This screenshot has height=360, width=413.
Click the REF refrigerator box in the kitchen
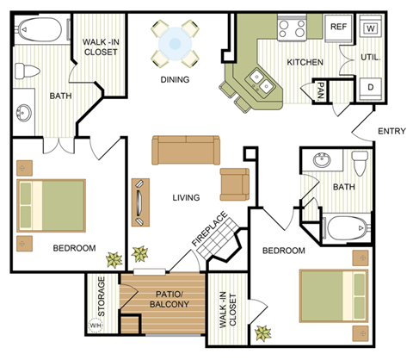tap(338, 27)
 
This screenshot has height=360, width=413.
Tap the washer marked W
tap(370, 28)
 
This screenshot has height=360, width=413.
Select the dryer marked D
tap(370, 87)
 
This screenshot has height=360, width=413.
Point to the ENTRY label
tap(391, 132)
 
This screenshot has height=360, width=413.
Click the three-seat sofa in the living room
tap(186, 150)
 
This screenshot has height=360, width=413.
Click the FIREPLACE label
tap(210, 231)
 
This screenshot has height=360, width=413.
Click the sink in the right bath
tap(322, 160)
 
